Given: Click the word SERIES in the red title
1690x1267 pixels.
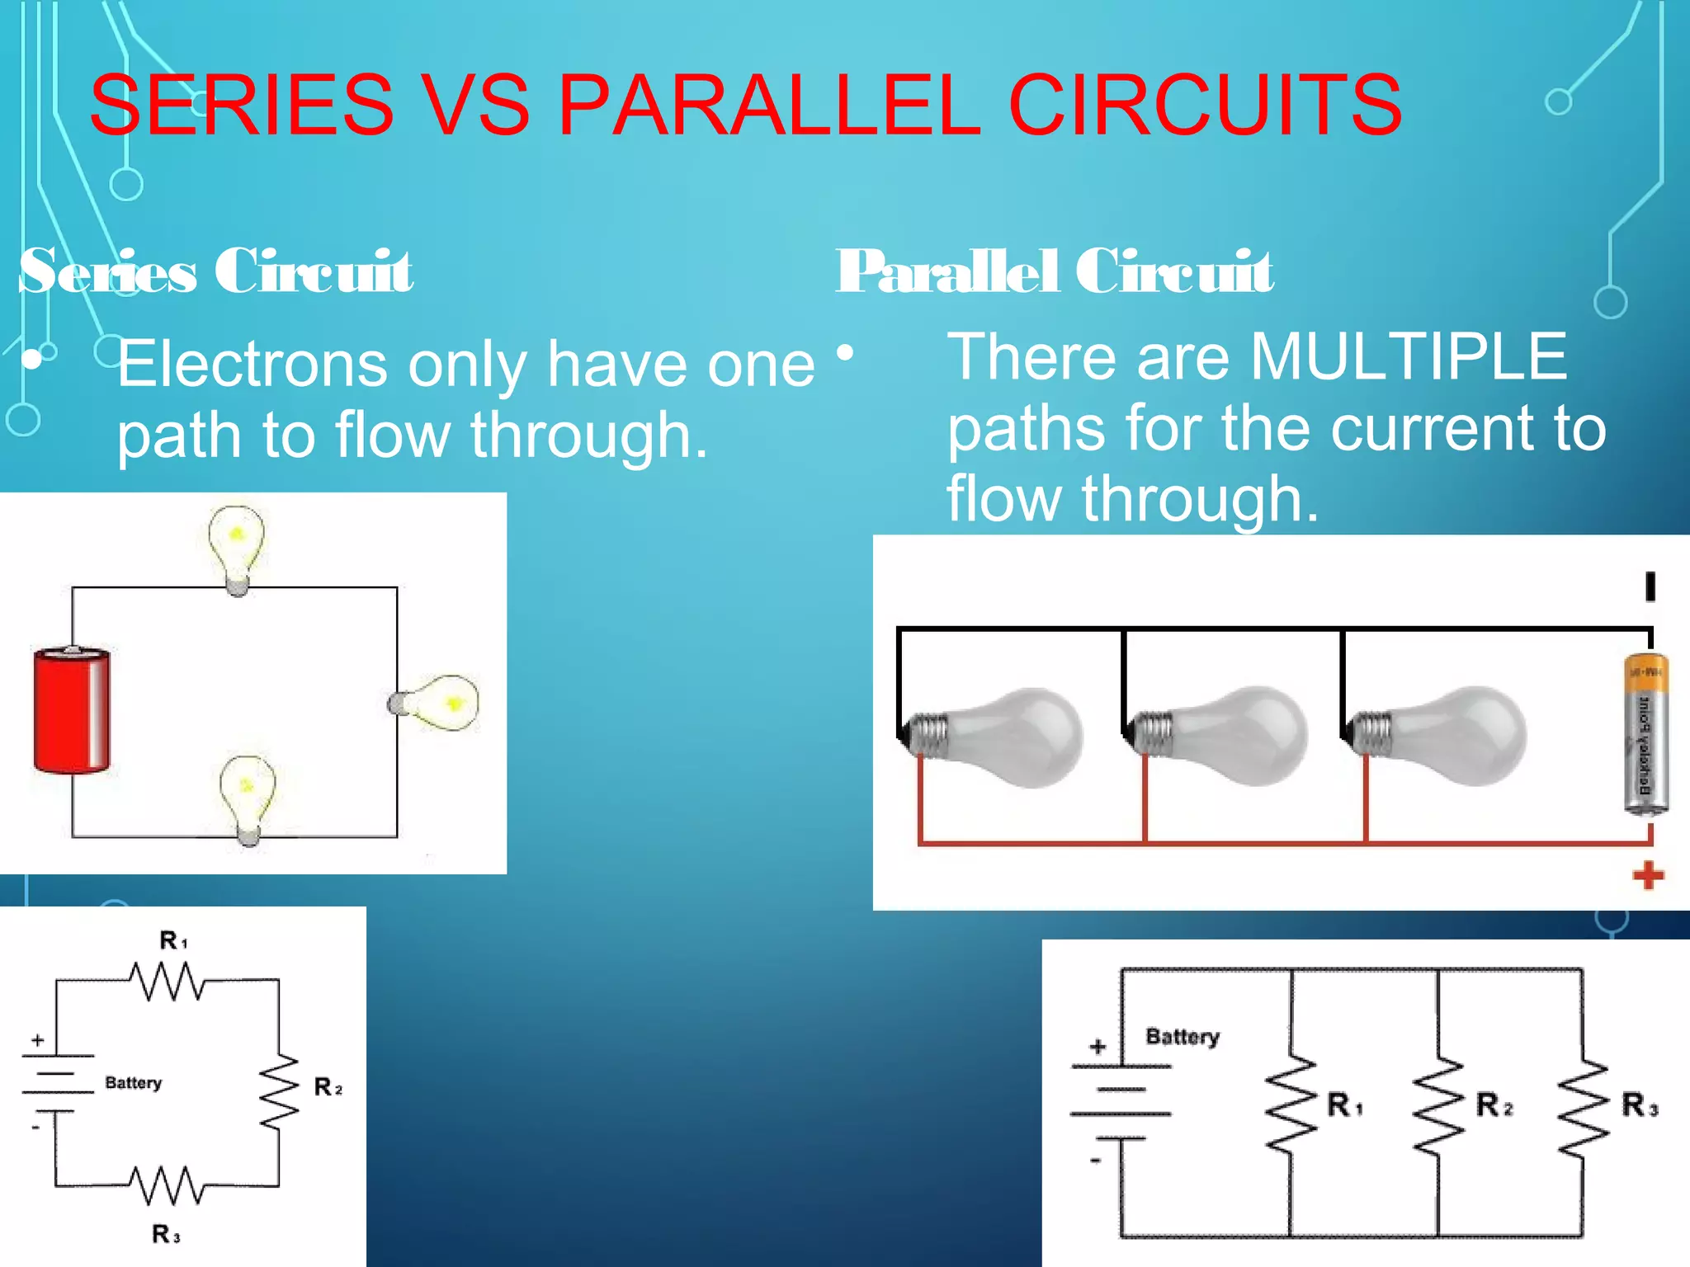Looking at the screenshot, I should pyautogui.click(x=241, y=105).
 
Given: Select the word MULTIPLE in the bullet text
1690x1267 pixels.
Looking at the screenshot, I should pyautogui.click(x=1408, y=356).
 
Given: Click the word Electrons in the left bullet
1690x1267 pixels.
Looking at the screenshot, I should pyautogui.click(x=253, y=364).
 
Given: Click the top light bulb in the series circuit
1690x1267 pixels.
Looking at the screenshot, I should pyautogui.click(x=237, y=546).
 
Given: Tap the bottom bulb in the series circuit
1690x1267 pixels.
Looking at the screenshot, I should pyautogui.click(x=247, y=796).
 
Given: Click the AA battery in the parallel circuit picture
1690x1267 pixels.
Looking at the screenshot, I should pyautogui.click(x=1645, y=734).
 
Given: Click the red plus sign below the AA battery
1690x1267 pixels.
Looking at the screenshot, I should pyautogui.click(x=1648, y=875).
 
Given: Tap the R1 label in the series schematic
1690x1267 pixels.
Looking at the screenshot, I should pyautogui.click(x=173, y=940).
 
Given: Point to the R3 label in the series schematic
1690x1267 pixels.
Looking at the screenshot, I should pyautogui.click(x=165, y=1234).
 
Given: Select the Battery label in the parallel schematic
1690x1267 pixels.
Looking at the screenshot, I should pyautogui.click(x=1182, y=1036).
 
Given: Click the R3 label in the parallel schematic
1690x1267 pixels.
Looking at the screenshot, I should pyautogui.click(x=1639, y=1105).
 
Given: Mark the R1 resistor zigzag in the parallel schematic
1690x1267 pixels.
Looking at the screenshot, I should pyautogui.click(x=1291, y=1102).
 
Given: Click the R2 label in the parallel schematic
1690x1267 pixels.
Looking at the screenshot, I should pyautogui.click(x=1494, y=1105).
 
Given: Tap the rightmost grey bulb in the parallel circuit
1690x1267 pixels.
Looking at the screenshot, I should pyautogui.click(x=1444, y=735).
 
